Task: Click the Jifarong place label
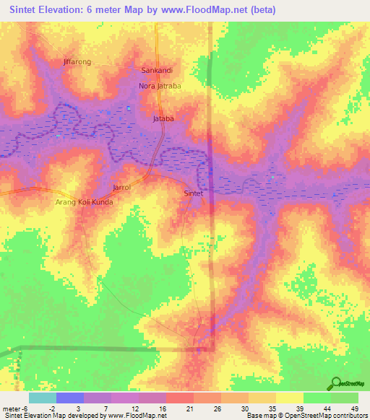pos(77,62)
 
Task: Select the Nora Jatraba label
pos(160,86)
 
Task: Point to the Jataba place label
pos(163,118)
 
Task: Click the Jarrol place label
pos(121,188)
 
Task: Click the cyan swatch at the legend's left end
pos(42,398)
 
